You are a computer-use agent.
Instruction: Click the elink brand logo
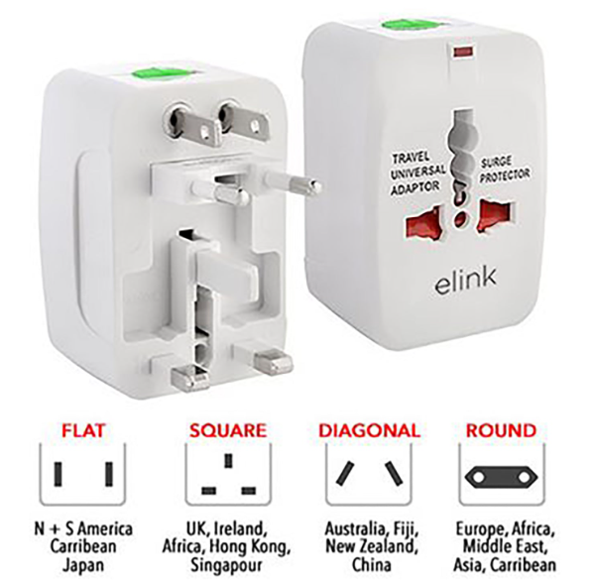[x=465, y=281]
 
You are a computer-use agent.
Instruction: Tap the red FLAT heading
[x=83, y=430]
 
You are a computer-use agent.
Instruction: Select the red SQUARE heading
[x=228, y=430]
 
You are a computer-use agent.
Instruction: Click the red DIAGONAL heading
[x=369, y=430]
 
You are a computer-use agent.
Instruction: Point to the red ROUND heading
[x=501, y=430]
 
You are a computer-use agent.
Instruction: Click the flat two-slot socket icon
[x=83, y=474]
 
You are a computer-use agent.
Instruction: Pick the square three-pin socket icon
[x=228, y=474]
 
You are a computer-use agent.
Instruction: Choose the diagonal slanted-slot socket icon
[x=369, y=474]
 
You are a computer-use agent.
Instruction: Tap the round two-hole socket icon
[x=502, y=474]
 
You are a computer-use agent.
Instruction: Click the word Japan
[x=83, y=565]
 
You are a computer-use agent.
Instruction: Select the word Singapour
[x=226, y=565]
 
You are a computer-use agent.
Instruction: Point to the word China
[x=371, y=565]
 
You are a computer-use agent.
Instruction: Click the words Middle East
[x=505, y=546]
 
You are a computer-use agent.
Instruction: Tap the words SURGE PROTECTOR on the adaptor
[x=504, y=170]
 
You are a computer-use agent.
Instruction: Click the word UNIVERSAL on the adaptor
[x=418, y=173]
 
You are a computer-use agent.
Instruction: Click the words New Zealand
[x=369, y=546]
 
